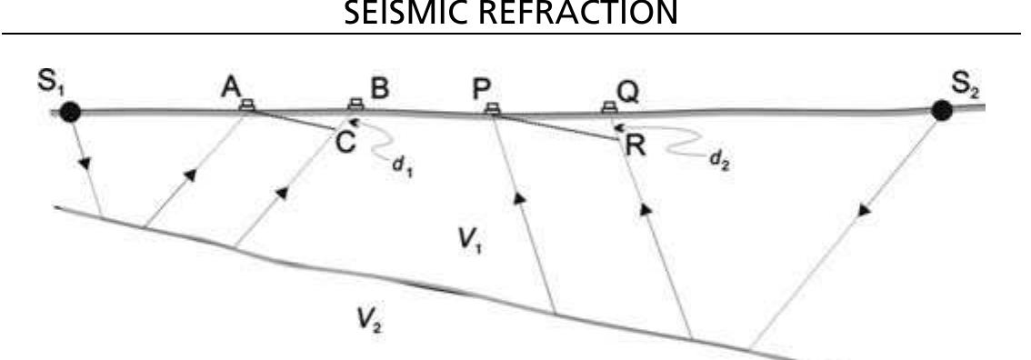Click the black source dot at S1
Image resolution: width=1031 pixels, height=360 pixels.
[x=71, y=112]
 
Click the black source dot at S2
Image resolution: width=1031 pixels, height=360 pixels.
[x=943, y=110]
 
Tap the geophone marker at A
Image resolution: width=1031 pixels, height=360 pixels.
[x=245, y=106]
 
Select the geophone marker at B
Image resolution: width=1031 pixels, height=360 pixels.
[x=355, y=106]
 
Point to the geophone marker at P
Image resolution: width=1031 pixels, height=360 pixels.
[x=492, y=108]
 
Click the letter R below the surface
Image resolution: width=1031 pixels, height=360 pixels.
[x=634, y=145]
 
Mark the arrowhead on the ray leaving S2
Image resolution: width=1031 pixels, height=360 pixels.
[x=864, y=210]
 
